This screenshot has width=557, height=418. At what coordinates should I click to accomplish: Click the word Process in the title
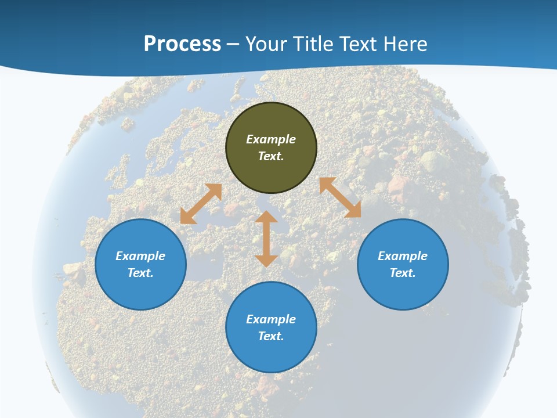182,44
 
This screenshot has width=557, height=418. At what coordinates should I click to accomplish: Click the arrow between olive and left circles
201,204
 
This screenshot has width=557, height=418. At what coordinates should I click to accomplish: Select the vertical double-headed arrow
266,239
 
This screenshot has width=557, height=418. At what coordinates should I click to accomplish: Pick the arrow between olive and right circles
340,197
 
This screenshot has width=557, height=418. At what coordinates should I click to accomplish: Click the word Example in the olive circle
271,139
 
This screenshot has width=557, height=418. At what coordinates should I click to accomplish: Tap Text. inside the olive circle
271,156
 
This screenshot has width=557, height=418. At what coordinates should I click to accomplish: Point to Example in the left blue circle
140,256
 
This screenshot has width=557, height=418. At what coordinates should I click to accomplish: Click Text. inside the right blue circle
403,273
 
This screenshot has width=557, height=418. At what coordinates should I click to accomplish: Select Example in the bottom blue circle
271,319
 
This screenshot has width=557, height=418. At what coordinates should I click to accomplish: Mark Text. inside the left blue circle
140,273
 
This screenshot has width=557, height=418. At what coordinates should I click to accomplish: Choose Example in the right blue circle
403,256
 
